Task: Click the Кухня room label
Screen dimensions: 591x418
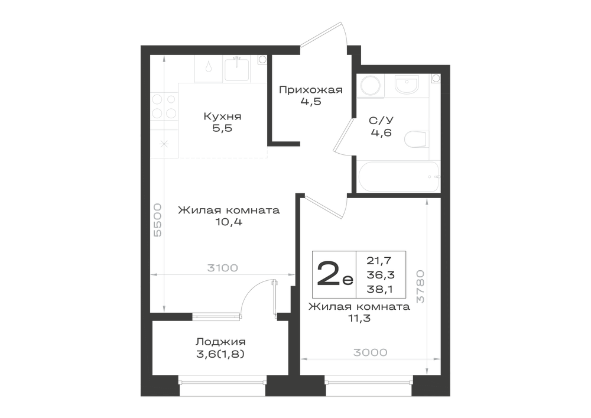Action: click(x=222, y=116)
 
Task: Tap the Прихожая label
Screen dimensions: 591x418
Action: click(x=311, y=90)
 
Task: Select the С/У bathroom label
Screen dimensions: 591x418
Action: click(x=381, y=121)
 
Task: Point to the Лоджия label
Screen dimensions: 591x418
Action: click(x=220, y=342)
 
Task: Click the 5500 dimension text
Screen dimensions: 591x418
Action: click(x=158, y=220)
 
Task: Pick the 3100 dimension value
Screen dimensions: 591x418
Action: click(x=222, y=268)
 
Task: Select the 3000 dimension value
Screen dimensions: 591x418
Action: click(x=370, y=352)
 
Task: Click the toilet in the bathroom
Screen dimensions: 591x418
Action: click(x=417, y=140)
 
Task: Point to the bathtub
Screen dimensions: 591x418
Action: click(x=398, y=177)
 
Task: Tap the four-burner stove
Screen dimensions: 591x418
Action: click(x=164, y=106)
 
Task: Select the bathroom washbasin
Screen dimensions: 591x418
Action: click(x=407, y=84)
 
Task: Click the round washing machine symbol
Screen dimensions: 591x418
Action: click(x=371, y=85)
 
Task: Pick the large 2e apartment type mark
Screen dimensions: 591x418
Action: click(x=335, y=274)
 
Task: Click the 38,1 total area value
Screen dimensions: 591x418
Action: click(x=381, y=289)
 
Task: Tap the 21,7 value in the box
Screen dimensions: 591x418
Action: click(x=379, y=260)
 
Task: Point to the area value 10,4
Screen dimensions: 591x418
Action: click(x=229, y=222)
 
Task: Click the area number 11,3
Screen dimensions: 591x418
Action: click(x=359, y=319)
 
